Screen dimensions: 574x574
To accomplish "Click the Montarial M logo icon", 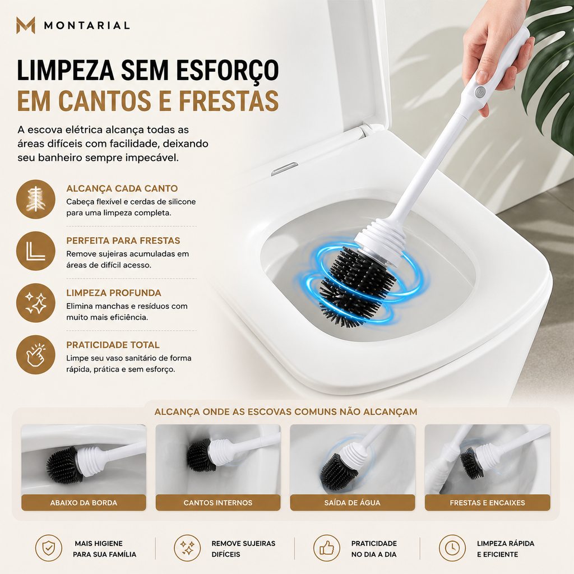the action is pyautogui.click(x=26, y=25).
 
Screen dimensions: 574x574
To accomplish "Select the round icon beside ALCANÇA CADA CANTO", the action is pyautogui.click(x=35, y=199).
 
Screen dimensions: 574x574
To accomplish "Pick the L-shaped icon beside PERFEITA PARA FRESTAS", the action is pyautogui.click(x=35, y=251).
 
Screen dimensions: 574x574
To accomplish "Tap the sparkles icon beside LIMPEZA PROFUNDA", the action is pyautogui.click(x=35, y=303).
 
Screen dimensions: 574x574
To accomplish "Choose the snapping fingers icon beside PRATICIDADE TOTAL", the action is pyautogui.click(x=35, y=355).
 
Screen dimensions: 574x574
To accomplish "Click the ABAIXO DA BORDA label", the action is pyautogui.click(x=84, y=503).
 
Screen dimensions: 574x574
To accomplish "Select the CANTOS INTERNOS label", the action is pyautogui.click(x=218, y=503).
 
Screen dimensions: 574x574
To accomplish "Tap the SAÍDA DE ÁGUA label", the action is pyautogui.click(x=352, y=503).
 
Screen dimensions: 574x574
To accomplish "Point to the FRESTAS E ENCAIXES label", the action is pyautogui.click(x=487, y=503).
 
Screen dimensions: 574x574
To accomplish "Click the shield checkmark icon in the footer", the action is pyautogui.click(x=48, y=548).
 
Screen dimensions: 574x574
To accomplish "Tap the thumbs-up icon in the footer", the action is pyautogui.click(x=327, y=548).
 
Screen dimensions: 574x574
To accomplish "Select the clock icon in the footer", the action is pyautogui.click(x=452, y=548).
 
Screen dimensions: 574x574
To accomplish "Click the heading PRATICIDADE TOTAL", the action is pyautogui.click(x=113, y=345).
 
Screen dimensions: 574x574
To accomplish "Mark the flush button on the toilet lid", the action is pyautogui.click(x=284, y=169).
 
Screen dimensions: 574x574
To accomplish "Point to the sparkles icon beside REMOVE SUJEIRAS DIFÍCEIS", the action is pyautogui.click(x=187, y=548).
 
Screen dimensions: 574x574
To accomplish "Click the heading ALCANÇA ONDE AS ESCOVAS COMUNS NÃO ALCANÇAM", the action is pyautogui.click(x=285, y=412).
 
